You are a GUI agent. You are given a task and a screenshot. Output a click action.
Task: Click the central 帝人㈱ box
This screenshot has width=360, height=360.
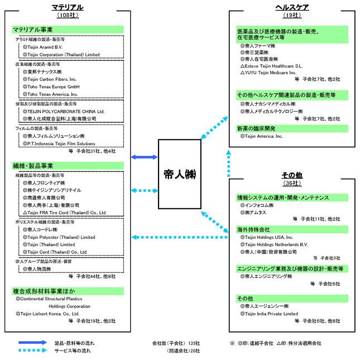coord(180,172)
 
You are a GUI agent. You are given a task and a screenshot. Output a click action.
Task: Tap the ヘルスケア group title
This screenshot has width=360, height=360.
coord(292,7)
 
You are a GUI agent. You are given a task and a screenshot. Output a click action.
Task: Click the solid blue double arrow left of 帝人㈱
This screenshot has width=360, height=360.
coord(145,157)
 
